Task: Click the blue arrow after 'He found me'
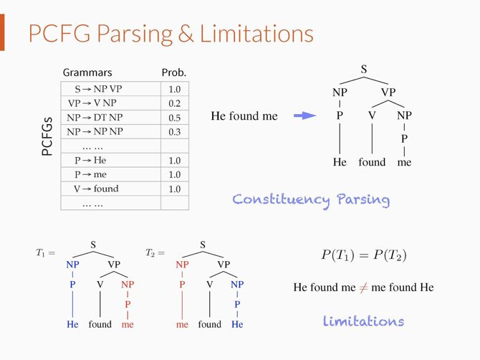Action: point(304,115)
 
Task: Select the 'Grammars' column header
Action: point(87,72)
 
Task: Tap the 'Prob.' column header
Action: point(174,72)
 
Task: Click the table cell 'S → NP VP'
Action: point(99,90)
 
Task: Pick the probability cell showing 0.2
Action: point(174,103)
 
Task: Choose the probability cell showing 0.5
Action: point(174,118)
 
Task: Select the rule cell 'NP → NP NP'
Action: point(95,132)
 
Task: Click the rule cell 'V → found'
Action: point(96,189)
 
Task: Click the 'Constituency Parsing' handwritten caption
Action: point(311,199)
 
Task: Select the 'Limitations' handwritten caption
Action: point(363,321)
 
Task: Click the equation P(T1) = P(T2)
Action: point(363,255)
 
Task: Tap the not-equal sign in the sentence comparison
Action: point(364,288)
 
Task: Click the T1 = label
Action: point(45,253)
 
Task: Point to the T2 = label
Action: point(155,253)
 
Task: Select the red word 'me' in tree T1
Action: point(128,324)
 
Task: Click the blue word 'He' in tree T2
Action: point(237,324)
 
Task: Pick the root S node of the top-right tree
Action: point(364,70)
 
